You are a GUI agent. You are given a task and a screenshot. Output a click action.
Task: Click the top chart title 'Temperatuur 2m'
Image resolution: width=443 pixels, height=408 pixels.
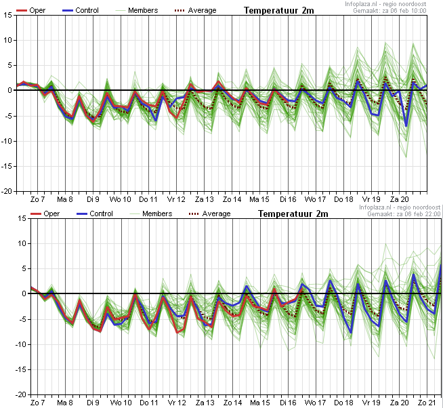(279, 10)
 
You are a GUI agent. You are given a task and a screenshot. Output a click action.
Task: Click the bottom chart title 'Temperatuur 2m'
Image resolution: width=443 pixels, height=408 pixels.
(293, 213)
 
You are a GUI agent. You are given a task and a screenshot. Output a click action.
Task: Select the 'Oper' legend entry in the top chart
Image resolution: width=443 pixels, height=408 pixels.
(30, 10)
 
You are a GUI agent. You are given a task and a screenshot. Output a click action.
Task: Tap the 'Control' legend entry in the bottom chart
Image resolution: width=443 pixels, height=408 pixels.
(95, 213)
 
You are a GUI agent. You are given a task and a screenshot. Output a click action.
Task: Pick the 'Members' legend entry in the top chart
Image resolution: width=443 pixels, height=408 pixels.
(136, 10)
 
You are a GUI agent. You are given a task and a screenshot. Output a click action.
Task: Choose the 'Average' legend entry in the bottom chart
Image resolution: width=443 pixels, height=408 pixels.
(209, 213)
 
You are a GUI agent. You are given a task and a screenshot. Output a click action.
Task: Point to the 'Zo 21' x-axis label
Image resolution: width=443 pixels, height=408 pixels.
(427, 403)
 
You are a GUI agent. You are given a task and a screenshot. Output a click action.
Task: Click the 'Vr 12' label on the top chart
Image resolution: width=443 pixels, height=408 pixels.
(176, 199)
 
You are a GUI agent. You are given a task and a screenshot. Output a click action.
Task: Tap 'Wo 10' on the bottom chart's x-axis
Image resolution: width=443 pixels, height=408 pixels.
(121, 403)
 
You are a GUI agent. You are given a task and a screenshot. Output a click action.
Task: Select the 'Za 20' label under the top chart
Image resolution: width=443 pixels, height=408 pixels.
(400, 199)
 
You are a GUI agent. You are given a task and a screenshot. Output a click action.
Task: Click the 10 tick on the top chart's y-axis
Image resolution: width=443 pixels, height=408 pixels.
(8, 40)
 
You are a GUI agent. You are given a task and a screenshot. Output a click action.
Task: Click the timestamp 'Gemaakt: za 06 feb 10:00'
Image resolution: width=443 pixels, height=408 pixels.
(389, 11)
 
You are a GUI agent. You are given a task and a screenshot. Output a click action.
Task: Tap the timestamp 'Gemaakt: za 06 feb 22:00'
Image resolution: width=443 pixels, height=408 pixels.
(404, 214)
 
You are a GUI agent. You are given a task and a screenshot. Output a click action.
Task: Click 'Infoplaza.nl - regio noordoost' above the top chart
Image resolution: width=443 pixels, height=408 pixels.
(385, 4)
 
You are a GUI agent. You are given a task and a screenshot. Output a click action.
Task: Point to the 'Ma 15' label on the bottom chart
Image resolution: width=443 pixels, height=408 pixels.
(259, 403)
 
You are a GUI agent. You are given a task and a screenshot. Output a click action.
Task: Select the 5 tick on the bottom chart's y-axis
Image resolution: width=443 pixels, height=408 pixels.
(24, 268)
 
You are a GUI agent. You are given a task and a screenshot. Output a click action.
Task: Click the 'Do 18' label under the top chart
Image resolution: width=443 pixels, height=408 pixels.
(343, 199)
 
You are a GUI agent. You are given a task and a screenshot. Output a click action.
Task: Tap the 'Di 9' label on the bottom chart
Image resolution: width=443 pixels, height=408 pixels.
(93, 403)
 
